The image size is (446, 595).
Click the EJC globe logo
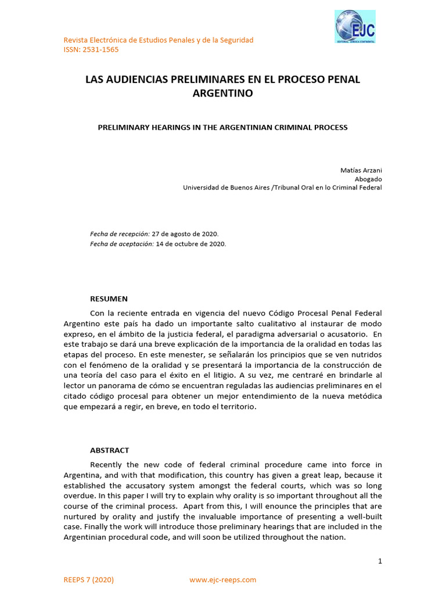(355, 26)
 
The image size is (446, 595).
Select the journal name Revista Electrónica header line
(158, 40)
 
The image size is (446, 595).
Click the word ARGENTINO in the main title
(222, 93)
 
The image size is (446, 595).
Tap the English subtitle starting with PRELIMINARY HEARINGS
(222, 127)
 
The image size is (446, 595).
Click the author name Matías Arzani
(361, 170)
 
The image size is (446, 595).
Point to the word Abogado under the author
(368, 179)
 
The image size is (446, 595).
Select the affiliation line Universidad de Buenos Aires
(282, 188)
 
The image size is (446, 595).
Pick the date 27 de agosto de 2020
(185, 234)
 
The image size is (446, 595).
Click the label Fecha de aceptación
(122, 244)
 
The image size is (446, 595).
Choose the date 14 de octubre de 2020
(191, 244)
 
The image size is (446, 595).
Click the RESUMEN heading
(109, 299)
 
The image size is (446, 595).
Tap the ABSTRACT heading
(109, 450)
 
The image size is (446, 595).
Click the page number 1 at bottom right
(380, 561)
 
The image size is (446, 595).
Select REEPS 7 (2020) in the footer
(88, 580)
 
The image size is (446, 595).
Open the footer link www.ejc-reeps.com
(222, 580)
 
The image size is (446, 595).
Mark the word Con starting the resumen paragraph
(97, 313)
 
